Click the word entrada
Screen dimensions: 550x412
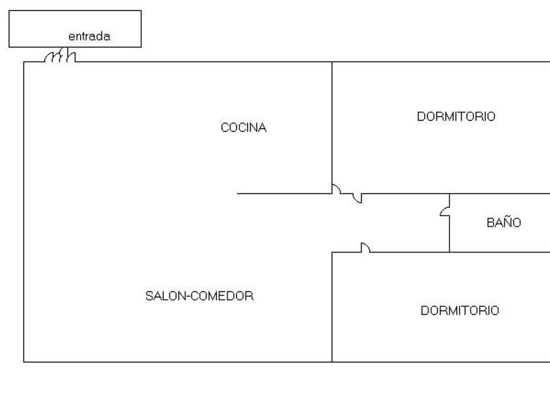[x=89, y=36]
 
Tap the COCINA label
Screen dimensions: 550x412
[x=244, y=128]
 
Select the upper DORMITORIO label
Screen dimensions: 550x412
[x=456, y=116]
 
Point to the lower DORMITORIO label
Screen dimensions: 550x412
[x=460, y=311]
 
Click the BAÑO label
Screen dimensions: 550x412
[x=504, y=222]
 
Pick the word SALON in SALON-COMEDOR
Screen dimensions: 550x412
[x=166, y=296]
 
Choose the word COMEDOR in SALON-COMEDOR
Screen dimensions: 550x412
[x=222, y=296]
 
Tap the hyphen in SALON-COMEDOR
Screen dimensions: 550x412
[x=189, y=297]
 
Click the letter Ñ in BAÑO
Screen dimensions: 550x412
[x=504, y=222]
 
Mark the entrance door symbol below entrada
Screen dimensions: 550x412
[x=60, y=56]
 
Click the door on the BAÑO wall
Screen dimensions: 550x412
[x=445, y=212]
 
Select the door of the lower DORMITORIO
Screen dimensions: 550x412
[x=365, y=247]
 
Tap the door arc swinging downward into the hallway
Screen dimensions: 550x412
[x=357, y=198]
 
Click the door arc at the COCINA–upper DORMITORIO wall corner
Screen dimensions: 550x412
[x=337, y=188]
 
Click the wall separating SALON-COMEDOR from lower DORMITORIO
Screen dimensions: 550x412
[x=332, y=307]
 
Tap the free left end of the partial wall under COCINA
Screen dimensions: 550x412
[x=238, y=194]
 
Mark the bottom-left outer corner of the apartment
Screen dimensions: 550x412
[x=24, y=362]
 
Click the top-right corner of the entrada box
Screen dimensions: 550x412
[x=141, y=10]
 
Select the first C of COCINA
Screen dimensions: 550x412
[x=225, y=128]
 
